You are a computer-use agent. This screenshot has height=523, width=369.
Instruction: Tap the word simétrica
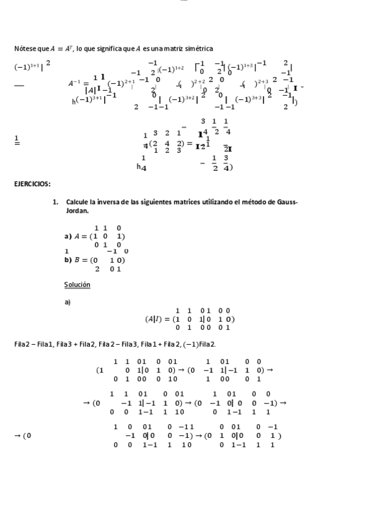[198, 49]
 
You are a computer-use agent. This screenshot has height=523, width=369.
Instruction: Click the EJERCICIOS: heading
[32, 184]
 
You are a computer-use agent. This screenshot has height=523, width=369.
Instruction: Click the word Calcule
[77, 202]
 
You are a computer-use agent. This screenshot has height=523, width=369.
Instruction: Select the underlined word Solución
[77, 284]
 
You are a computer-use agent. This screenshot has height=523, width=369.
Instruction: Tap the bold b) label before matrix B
[68, 260]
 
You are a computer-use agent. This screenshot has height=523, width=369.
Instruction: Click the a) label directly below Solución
[67, 302]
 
